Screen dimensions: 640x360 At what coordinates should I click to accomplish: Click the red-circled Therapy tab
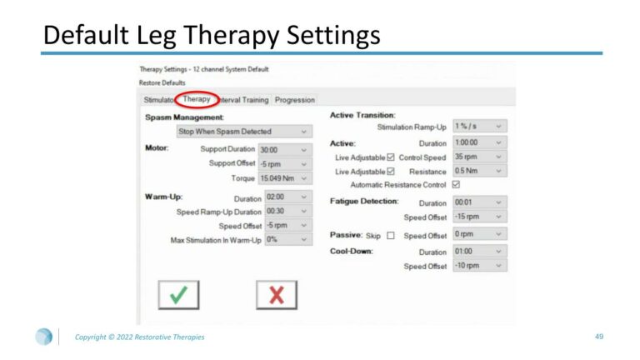(x=197, y=99)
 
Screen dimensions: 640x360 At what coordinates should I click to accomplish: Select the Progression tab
(x=295, y=100)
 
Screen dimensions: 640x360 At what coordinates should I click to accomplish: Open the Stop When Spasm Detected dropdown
(x=244, y=132)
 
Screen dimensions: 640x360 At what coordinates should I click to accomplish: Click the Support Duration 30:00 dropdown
(x=285, y=150)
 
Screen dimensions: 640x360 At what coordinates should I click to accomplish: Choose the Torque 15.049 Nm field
(x=285, y=178)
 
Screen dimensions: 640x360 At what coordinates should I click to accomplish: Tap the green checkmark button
(x=179, y=295)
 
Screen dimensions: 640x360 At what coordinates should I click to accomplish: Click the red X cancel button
(x=277, y=295)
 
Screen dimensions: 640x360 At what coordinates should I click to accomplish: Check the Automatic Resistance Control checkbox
(x=456, y=184)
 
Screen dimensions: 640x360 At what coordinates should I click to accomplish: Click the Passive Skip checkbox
(x=391, y=236)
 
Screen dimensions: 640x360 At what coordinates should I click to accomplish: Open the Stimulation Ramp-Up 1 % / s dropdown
(x=480, y=126)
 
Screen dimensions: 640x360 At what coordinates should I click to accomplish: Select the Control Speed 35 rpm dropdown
(x=480, y=157)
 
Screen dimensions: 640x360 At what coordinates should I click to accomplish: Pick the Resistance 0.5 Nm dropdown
(x=480, y=171)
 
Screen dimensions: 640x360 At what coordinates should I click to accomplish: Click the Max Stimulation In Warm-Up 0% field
(x=288, y=239)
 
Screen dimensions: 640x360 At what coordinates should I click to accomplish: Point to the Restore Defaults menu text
(x=162, y=82)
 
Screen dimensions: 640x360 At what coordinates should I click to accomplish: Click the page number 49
(x=599, y=337)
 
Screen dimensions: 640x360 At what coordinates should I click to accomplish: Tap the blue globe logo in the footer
(x=43, y=337)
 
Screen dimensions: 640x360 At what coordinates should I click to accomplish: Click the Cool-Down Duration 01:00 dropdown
(x=480, y=251)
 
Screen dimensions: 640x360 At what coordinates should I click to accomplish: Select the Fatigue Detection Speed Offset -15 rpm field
(x=480, y=217)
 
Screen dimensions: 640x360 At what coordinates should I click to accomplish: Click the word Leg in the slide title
(x=156, y=35)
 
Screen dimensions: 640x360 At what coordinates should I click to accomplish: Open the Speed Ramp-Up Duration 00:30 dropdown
(x=288, y=211)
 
